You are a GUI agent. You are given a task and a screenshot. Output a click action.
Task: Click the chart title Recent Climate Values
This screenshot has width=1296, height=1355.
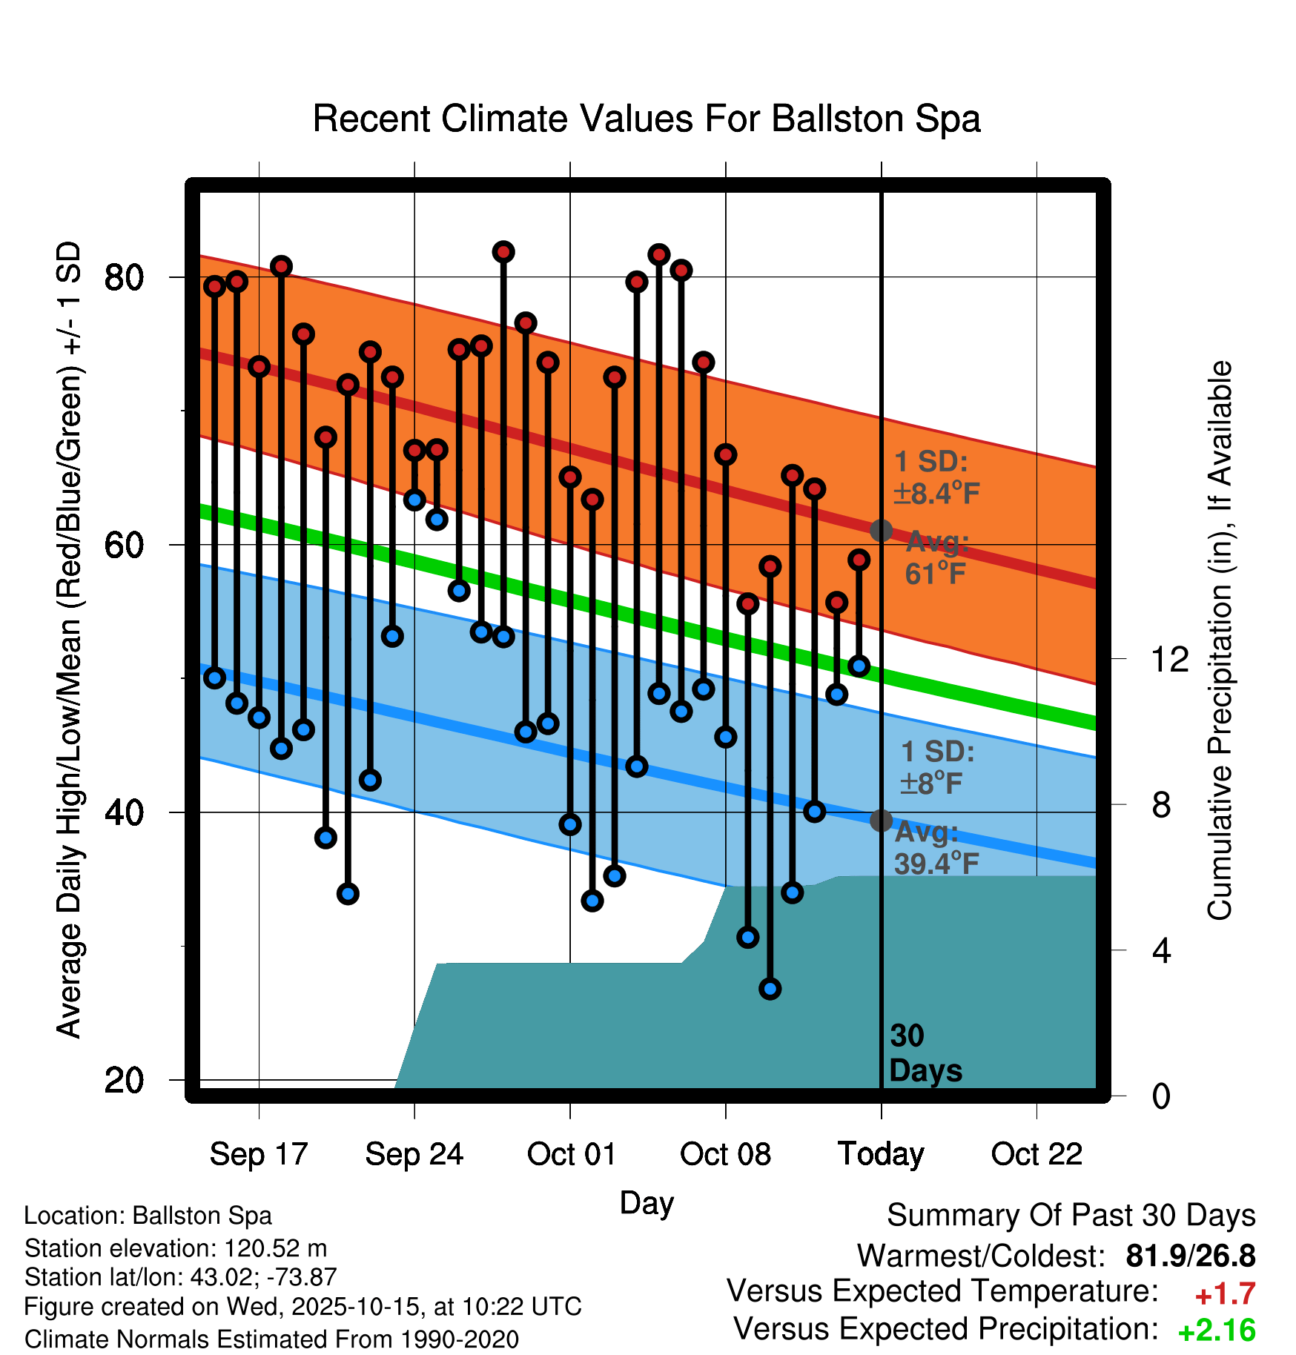647,119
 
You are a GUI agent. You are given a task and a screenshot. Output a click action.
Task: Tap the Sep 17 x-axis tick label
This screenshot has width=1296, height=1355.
259,1154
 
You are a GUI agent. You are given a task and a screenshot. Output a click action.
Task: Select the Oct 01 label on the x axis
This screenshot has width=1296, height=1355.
571,1154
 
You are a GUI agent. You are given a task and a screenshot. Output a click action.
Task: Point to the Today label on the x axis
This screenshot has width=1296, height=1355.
881,1154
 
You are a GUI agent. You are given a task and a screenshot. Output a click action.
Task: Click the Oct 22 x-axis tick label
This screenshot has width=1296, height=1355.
1037,1154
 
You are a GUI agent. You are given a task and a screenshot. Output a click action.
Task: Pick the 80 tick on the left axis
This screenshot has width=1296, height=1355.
124,278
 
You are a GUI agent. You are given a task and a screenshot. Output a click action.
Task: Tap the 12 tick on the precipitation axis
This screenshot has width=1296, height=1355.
1170,659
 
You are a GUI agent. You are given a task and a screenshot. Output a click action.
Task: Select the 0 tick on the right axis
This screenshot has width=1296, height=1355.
1161,1096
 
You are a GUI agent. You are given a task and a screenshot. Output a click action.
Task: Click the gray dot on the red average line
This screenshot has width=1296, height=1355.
881,531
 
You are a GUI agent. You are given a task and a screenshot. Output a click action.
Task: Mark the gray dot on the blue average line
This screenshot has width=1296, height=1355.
881,821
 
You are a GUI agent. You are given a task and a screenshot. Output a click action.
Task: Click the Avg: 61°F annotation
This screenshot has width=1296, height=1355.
936,557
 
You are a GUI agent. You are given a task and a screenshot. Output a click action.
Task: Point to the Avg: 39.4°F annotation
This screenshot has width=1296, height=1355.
936,848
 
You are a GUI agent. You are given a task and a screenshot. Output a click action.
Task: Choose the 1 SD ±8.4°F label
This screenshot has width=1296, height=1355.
936,477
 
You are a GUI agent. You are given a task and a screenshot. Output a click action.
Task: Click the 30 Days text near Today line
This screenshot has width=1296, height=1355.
925,1053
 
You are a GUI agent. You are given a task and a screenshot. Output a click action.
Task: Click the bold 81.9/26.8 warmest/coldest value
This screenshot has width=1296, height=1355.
1190,1256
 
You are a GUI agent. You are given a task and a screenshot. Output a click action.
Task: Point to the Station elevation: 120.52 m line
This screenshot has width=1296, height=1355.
176,1248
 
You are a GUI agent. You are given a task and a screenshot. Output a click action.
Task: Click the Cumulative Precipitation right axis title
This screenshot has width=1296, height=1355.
1220,640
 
